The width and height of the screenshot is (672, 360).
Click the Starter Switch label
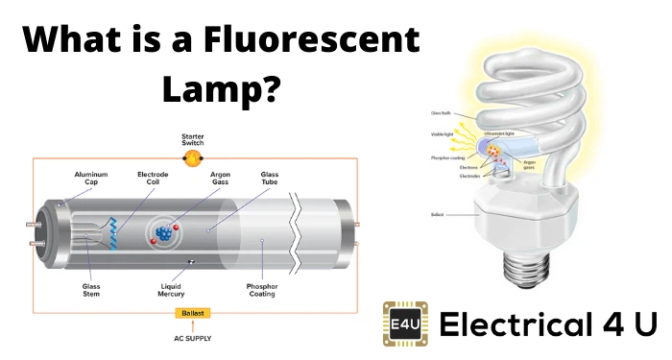(x=192, y=140)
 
